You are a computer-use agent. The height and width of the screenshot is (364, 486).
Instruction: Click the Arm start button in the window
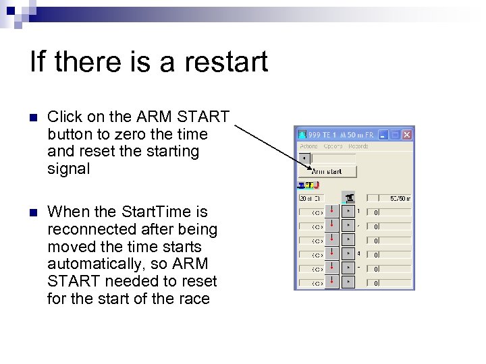(x=327, y=172)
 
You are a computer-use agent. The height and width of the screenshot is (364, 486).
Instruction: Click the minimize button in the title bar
(x=383, y=135)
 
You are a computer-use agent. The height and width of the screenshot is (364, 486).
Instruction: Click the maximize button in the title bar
(x=395, y=135)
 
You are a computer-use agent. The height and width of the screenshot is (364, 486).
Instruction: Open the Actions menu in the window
(x=308, y=146)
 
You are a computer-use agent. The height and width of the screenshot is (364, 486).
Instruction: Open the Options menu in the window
(x=333, y=146)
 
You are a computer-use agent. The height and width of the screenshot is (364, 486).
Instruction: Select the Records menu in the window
(x=358, y=146)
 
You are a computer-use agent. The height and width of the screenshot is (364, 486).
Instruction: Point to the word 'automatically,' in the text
(x=90, y=264)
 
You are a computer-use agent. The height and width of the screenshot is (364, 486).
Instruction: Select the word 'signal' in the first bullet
(x=68, y=169)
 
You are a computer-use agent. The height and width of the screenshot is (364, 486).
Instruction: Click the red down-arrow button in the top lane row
(x=332, y=212)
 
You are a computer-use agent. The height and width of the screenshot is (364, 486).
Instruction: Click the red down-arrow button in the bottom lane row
(x=332, y=283)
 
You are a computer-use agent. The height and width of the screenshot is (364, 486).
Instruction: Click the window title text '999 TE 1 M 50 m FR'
(x=342, y=135)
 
